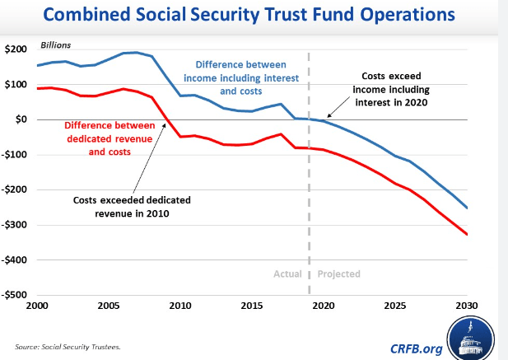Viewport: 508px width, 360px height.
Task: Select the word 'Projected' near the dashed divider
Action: coord(339,274)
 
